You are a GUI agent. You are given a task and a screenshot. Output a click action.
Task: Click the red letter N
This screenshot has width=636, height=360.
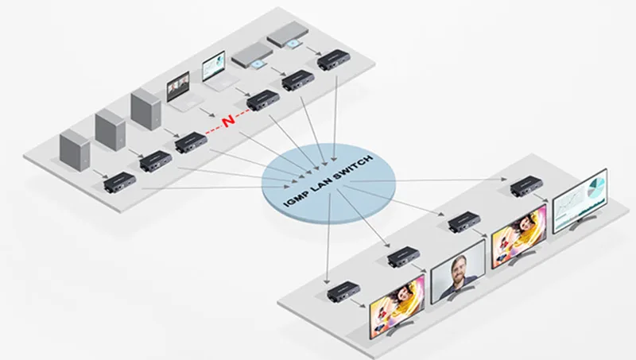tap(229, 121)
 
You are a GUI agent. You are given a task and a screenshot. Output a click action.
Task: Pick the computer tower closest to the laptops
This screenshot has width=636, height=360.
tap(146, 109)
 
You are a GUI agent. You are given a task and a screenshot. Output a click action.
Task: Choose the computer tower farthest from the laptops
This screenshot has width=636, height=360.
tap(75, 149)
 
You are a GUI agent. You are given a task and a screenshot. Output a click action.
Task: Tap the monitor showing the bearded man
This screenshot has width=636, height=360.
tap(458, 272)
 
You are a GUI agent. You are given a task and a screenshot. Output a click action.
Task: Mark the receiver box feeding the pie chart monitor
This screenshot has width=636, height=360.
tap(526, 187)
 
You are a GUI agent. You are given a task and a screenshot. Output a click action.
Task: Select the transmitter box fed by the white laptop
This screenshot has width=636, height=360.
tap(263, 100)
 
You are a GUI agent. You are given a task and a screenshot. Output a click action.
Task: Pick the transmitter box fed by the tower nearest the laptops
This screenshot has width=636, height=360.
tap(191, 143)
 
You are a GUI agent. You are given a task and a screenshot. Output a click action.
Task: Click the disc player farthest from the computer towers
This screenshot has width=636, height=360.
tap(289, 33)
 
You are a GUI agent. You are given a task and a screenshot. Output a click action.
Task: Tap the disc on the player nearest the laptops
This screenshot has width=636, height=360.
tap(257, 64)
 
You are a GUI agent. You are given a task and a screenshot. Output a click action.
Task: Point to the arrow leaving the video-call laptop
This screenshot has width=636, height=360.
tap(207, 112)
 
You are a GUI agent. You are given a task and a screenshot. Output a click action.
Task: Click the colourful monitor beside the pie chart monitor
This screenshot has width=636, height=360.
tap(519, 236)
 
